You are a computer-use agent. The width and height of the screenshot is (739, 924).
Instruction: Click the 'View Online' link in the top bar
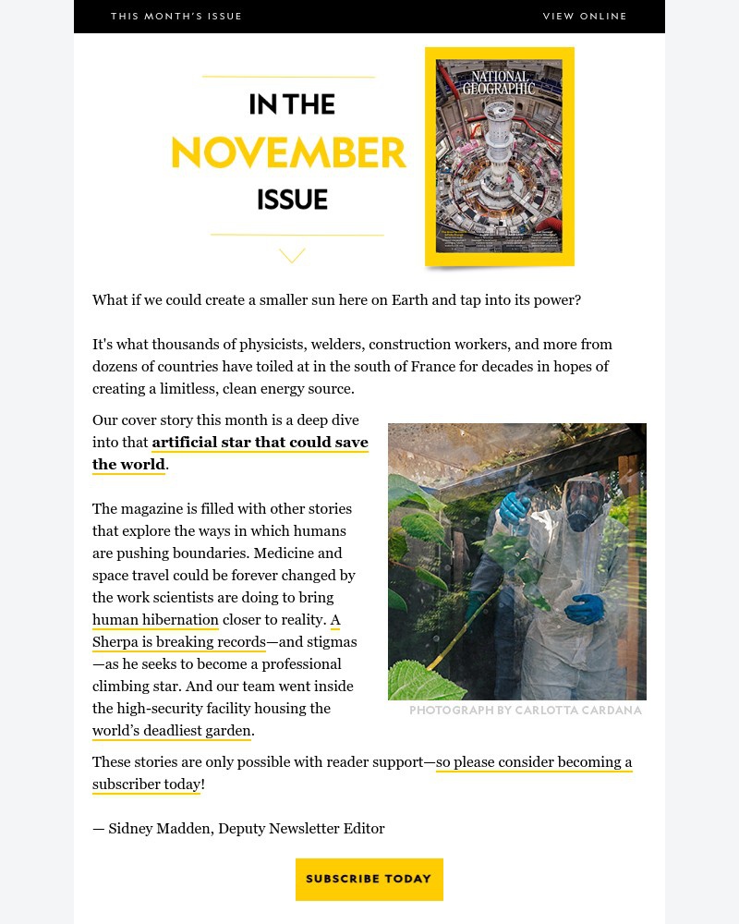585,17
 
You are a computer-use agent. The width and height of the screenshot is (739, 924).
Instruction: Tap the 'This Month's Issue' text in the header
176,17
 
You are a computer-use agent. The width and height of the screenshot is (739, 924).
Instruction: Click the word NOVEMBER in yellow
289,153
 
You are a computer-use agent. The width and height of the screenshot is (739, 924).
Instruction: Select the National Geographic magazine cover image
499,157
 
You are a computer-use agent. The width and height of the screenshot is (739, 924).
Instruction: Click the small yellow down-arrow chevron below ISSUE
292,255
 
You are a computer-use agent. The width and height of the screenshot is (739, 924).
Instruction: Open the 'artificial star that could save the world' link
260,443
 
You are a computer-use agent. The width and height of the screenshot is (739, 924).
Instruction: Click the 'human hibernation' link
155,620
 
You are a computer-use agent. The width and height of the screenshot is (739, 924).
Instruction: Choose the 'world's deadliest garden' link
172,731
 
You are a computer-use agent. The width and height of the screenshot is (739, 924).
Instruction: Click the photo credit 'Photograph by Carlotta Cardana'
525,711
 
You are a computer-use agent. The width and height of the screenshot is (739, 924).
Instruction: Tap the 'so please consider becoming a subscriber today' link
534,762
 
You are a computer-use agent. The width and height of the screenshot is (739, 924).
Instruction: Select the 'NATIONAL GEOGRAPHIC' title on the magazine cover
499,82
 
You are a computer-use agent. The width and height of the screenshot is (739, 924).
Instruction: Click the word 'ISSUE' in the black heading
292,200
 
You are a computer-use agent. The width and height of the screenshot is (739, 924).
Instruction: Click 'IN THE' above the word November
292,104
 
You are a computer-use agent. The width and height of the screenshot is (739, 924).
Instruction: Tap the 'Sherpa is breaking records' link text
179,642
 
